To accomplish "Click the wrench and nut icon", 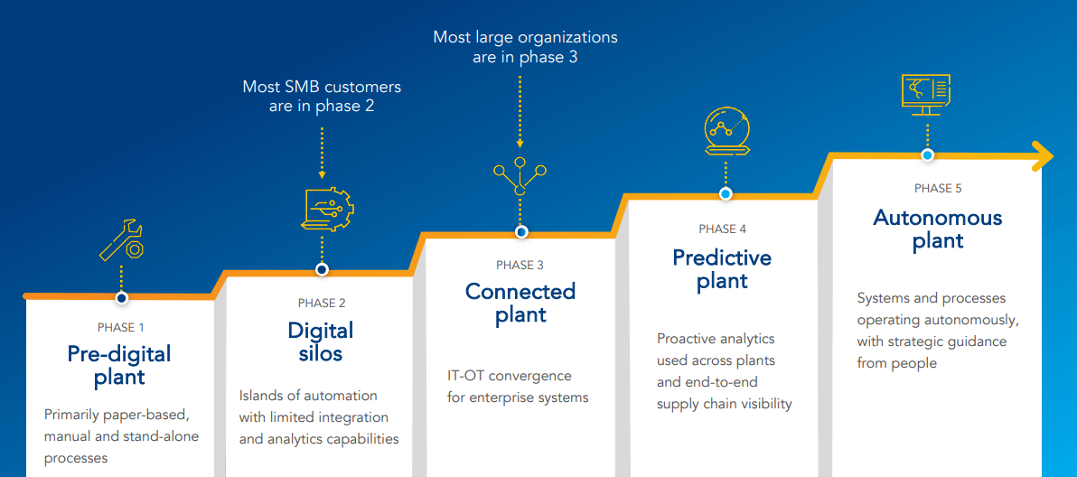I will (121, 240).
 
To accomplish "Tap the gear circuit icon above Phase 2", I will (324, 210).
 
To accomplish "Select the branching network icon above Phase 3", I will (520, 177).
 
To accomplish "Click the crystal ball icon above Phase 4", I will (726, 132).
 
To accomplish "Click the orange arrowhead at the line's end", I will (1043, 155).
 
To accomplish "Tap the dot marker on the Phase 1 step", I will (121, 297).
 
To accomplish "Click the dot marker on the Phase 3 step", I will (521, 232).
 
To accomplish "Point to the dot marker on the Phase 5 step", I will (927, 155).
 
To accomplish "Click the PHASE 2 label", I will (322, 304).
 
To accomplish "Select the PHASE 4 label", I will (722, 229).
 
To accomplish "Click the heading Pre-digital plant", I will (119, 364).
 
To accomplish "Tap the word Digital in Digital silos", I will (321, 330).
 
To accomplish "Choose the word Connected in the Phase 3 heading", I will (520, 292).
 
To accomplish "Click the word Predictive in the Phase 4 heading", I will (722, 257).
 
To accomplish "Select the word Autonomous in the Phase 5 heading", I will (938, 218).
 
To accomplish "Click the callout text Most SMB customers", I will (322, 88).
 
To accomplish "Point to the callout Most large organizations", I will (525, 38).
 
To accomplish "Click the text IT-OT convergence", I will (510, 376).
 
